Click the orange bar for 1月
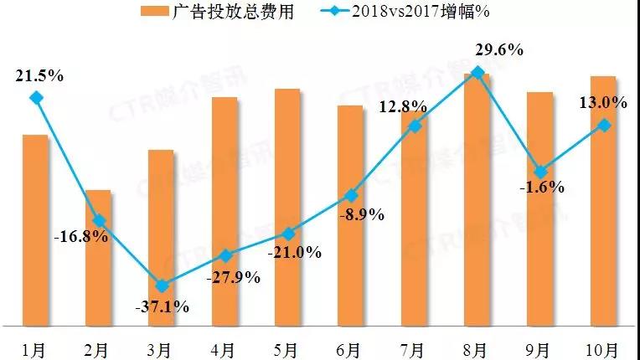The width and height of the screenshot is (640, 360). pos(35,229)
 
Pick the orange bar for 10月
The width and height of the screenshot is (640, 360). pos(603,200)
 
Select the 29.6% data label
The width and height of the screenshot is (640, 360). pos(498,49)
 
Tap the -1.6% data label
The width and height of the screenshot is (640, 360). pos(541,188)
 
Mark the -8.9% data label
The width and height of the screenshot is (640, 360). pos(361,214)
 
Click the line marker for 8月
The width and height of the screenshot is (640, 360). pos(477,73)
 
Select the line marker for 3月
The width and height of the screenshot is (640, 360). pos(162,285)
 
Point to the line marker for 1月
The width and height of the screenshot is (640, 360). pos(35,98)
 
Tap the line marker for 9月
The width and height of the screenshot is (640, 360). pos(540,171)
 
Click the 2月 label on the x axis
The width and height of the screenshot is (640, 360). pos(98,346)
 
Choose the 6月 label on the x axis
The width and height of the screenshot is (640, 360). pos(350,346)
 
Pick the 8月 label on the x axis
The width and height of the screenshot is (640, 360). pos(477,346)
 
